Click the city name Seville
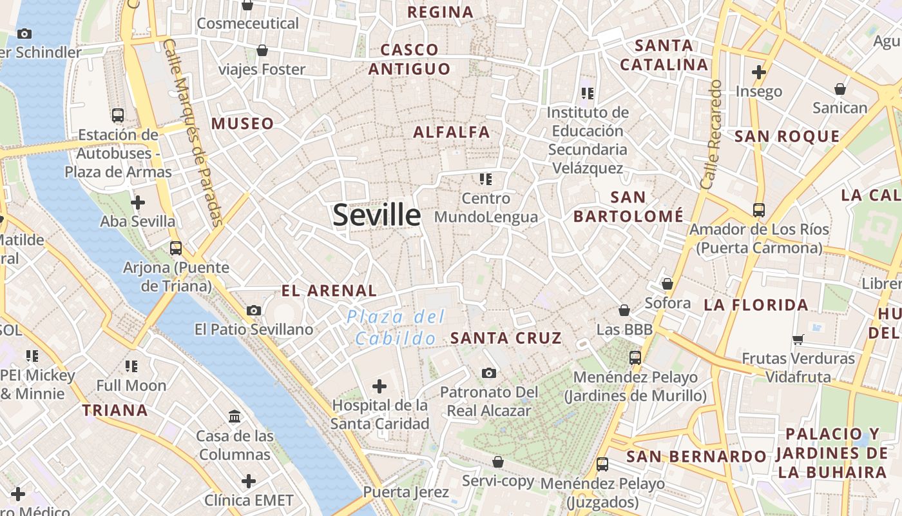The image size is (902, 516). tap(377, 215)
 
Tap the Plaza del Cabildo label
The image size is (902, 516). tap(396, 327)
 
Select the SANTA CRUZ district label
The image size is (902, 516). tap(506, 338)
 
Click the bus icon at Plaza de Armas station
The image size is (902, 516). tap(118, 115)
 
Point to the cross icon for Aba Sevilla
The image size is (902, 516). tap(137, 203)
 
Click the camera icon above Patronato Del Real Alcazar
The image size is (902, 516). tap(489, 373)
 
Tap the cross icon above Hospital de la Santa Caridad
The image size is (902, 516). tap(379, 386)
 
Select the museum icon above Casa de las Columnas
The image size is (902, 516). tap(235, 416)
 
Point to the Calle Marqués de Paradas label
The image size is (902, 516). tap(193, 132)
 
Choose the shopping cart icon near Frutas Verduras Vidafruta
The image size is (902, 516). tap(798, 339)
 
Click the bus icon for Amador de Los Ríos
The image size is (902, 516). tap(759, 210)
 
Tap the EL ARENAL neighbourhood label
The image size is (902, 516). tap(329, 291)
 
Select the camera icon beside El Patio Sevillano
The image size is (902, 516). tap(254, 310)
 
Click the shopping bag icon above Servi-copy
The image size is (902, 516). tap(497, 462)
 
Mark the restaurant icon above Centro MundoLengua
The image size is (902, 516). tap(485, 179)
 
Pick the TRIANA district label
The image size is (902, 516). tap(115, 410)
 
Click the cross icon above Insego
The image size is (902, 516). tap(759, 72)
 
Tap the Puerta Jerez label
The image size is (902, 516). tap(406, 492)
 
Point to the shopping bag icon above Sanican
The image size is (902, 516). tap(840, 89)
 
